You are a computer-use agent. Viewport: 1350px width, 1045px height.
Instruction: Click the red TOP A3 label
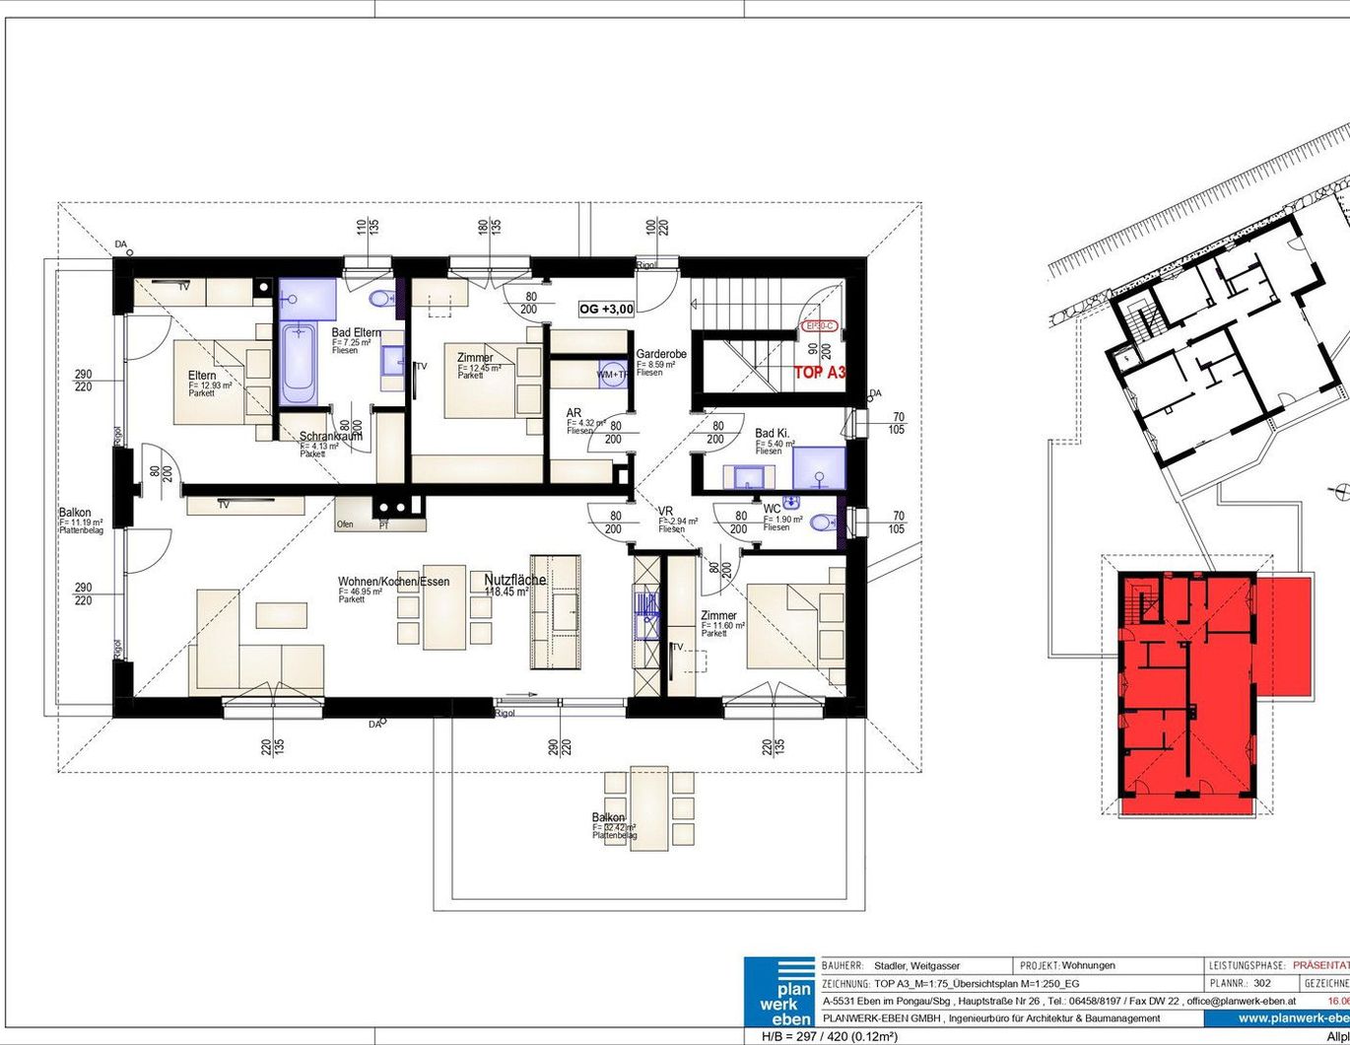tap(820, 373)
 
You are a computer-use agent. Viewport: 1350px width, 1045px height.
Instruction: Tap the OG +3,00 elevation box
tap(607, 309)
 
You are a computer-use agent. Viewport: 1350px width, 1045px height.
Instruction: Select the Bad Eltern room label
tap(356, 333)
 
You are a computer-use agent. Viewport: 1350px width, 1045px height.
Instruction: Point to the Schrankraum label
tap(331, 436)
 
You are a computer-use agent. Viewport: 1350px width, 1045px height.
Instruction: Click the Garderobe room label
tap(661, 354)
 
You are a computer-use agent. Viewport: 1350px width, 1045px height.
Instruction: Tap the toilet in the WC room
tap(822, 522)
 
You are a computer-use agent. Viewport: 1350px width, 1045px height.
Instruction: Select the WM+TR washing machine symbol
tap(612, 375)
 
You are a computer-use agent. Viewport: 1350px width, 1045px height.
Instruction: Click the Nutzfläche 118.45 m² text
tap(514, 581)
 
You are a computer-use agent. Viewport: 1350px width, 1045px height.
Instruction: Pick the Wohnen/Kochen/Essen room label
tap(393, 582)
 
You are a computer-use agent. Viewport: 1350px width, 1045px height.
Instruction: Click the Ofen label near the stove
tap(345, 524)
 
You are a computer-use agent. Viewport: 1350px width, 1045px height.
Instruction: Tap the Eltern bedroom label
tap(202, 376)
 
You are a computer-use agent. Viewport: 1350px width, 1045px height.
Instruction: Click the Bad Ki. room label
tap(772, 433)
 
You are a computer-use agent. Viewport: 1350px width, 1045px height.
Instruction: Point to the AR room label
tap(574, 413)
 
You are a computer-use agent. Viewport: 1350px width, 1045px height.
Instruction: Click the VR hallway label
tap(666, 511)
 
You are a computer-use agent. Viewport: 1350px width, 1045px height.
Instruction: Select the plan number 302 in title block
tap(1262, 983)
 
